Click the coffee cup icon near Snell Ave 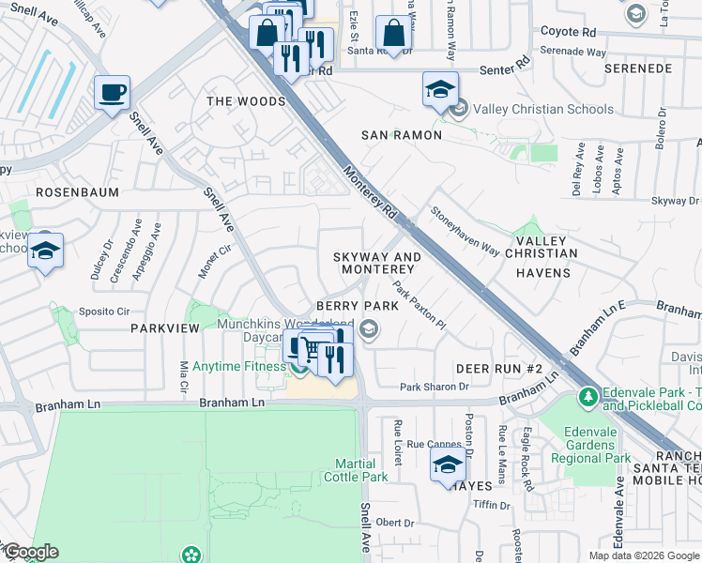112,92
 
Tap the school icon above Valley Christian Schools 440,89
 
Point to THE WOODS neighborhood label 246,101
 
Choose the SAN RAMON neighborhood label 402,135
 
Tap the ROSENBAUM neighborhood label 77,191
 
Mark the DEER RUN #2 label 500,368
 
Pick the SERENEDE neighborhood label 638,69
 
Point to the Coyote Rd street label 568,31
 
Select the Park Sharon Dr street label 434,387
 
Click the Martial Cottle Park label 361,471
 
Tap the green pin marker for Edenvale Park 588,396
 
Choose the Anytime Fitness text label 240,366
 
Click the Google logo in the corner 31,553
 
